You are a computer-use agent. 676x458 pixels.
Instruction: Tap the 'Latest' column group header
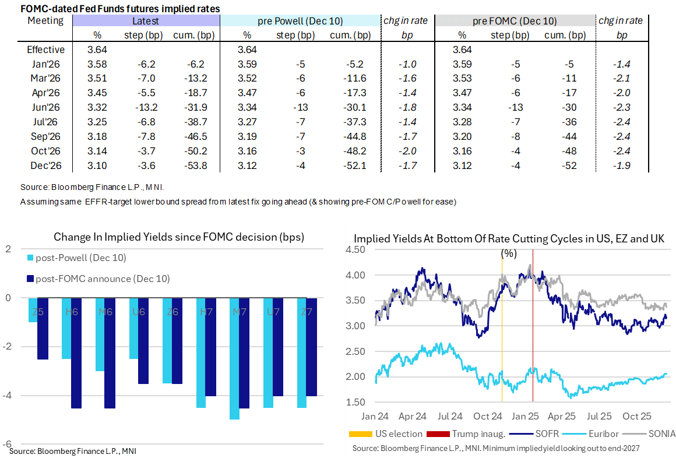[146, 21]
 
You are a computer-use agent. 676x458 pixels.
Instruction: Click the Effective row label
[46, 50]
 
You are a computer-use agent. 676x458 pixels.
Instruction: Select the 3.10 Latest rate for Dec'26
[97, 165]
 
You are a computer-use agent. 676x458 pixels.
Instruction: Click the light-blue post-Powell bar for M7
[234, 358]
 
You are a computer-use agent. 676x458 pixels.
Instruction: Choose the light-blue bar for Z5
[33, 310]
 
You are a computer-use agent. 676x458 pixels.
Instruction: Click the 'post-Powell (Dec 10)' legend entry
[80, 258]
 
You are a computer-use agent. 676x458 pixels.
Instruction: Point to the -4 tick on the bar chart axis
[8, 396]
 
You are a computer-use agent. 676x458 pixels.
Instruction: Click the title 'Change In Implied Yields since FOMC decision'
[179, 237]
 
